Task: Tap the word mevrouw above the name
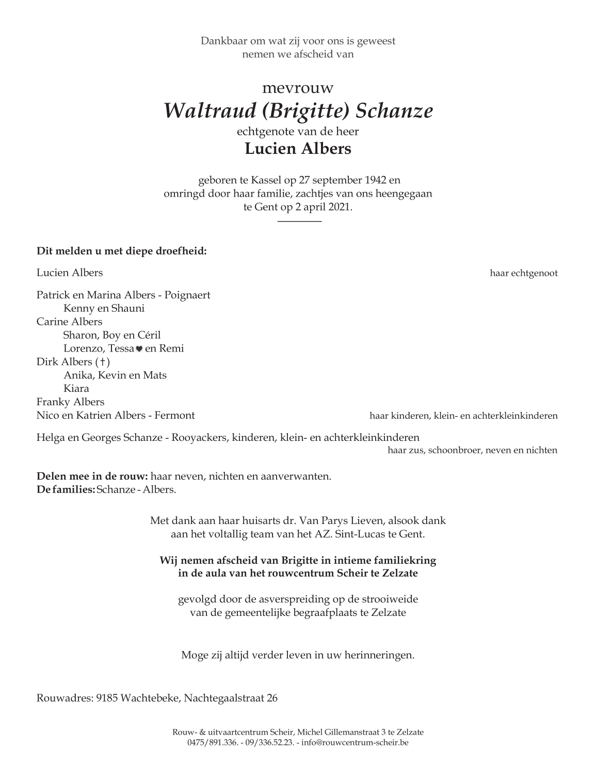click(x=298, y=88)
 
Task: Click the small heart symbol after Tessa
click(x=139, y=349)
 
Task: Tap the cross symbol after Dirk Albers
click(x=102, y=362)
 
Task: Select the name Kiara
click(x=76, y=389)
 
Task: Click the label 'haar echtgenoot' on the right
click(x=523, y=274)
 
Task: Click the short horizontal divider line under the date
click(x=299, y=221)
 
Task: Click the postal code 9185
click(x=107, y=698)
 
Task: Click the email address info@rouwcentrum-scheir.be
click(x=356, y=743)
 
